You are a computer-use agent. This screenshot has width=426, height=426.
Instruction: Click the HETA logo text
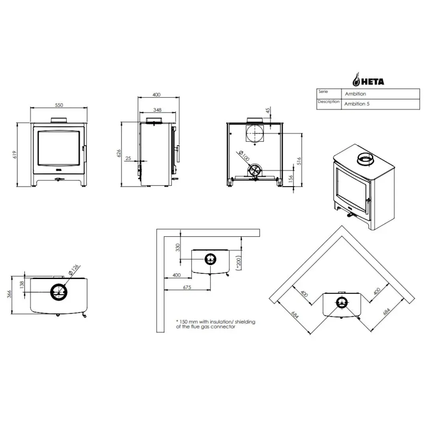[372, 82]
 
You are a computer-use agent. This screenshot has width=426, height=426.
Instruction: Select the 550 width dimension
[59, 105]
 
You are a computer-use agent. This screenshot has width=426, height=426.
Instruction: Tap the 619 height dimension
[15, 155]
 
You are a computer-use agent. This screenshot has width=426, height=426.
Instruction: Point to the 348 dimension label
[157, 110]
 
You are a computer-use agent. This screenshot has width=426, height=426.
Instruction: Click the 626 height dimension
[119, 153]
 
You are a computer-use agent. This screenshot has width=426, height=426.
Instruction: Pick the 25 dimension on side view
[128, 159]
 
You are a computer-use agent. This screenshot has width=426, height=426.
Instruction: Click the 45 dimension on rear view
[268, 110]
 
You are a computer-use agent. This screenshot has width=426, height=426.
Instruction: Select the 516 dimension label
[299, 161]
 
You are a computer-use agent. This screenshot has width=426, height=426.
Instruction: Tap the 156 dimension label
[291, 179]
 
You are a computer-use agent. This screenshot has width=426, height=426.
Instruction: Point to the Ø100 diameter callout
[244, 156]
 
